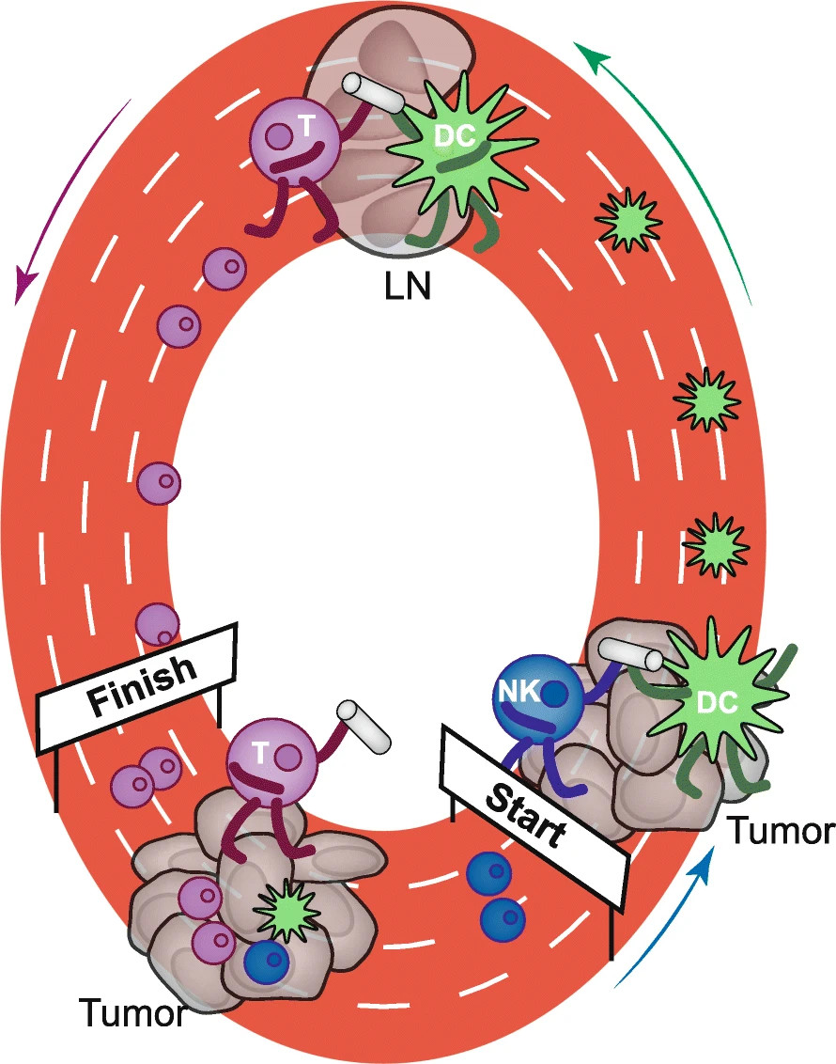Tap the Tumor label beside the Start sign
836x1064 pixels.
[x=781, y=832]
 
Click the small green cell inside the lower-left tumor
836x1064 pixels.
[x=284, y=910]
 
